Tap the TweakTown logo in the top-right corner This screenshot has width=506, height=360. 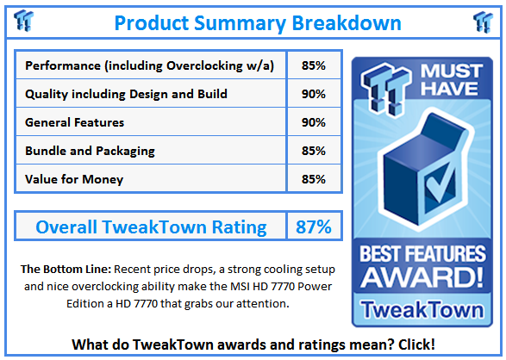coord(482,22)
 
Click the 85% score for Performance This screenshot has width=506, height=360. coord(314,65)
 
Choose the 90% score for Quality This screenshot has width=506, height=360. coord(314,94)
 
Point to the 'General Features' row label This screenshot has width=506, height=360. coord(75,122)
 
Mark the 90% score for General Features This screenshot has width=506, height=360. coord(314,122)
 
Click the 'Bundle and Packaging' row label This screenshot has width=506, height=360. coord(91,151)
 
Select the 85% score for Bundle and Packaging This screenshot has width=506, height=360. coord(314,151)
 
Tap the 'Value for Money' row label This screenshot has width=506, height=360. coord(74,179)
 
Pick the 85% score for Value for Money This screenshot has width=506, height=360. coord(314,179)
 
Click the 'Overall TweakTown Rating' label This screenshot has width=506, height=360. coord(151,227)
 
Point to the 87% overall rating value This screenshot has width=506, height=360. coord(314,227)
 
